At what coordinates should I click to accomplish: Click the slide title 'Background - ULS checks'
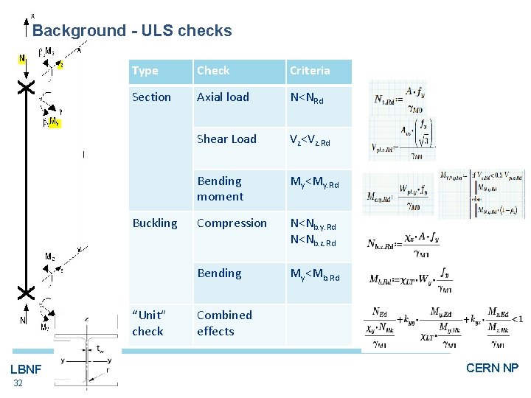132,31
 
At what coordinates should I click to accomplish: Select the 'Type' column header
145,71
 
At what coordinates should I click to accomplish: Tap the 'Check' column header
213,71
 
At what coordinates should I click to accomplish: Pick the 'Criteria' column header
310,71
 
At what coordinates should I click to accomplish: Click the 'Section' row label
151,97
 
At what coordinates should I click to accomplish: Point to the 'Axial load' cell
223,97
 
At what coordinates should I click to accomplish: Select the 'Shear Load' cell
226,139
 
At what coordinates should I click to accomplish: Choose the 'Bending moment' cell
220,189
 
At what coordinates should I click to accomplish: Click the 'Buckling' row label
154,223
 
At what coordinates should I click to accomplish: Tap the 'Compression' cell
232,223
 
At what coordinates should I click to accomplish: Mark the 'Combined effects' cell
224,323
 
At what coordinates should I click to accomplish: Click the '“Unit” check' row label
150,323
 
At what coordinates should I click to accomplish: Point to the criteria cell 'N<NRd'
307,98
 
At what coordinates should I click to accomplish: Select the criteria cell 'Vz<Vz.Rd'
314,140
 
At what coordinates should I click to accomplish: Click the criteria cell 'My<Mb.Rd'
315,275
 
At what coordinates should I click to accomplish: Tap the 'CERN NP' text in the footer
492,368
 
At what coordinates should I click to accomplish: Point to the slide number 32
18,383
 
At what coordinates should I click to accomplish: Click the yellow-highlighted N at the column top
22,59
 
